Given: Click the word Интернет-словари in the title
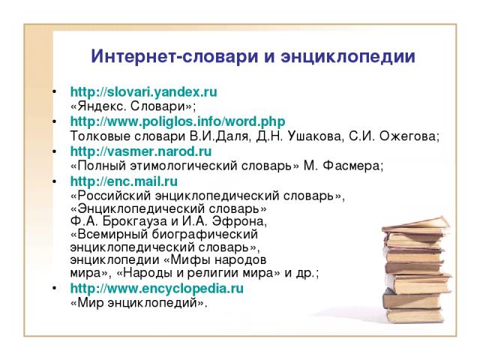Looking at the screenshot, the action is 175,57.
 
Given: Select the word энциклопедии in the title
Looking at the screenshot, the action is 348,57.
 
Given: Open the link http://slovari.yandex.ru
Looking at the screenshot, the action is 143,91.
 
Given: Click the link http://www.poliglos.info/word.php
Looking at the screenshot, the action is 178,121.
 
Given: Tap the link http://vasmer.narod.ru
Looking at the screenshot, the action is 141,151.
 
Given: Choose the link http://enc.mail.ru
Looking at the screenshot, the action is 124,181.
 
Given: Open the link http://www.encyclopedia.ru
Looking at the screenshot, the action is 157,288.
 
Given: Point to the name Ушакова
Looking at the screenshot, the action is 314,136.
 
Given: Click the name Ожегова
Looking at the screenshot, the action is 409,136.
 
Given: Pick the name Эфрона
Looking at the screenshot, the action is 239,220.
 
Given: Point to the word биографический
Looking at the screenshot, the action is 205,234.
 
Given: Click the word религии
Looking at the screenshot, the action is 213,273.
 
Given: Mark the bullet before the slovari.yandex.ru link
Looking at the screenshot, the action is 54,91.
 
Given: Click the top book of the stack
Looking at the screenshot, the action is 416,224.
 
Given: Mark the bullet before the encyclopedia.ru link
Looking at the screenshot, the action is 54,288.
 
